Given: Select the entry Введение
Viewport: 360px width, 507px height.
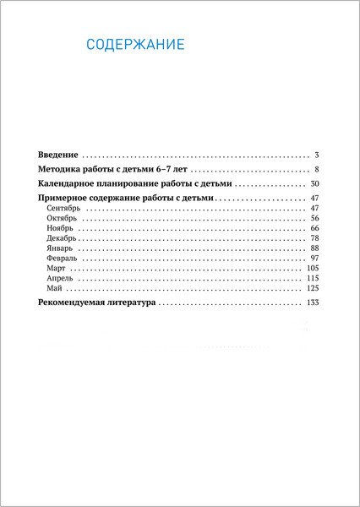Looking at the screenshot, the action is [x=58, y=155].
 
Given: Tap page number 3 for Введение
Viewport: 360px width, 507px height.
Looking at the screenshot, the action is [x=314, y=155].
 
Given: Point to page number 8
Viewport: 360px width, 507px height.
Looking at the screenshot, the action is [x=314, y=169].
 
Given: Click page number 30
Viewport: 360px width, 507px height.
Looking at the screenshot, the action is [x=313, y=183].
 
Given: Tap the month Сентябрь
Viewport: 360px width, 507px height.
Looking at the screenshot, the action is [x=64, y=209].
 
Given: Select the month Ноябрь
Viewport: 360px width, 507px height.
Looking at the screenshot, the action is [x=61, y=229].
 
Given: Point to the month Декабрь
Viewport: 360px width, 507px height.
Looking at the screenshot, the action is [x=63, y=239].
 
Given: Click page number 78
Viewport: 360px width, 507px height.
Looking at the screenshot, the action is [x=313, y=239].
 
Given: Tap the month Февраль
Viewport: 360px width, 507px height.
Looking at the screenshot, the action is [x=63, y=259].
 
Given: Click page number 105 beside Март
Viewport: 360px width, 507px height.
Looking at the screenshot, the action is [x=311, y=269].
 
